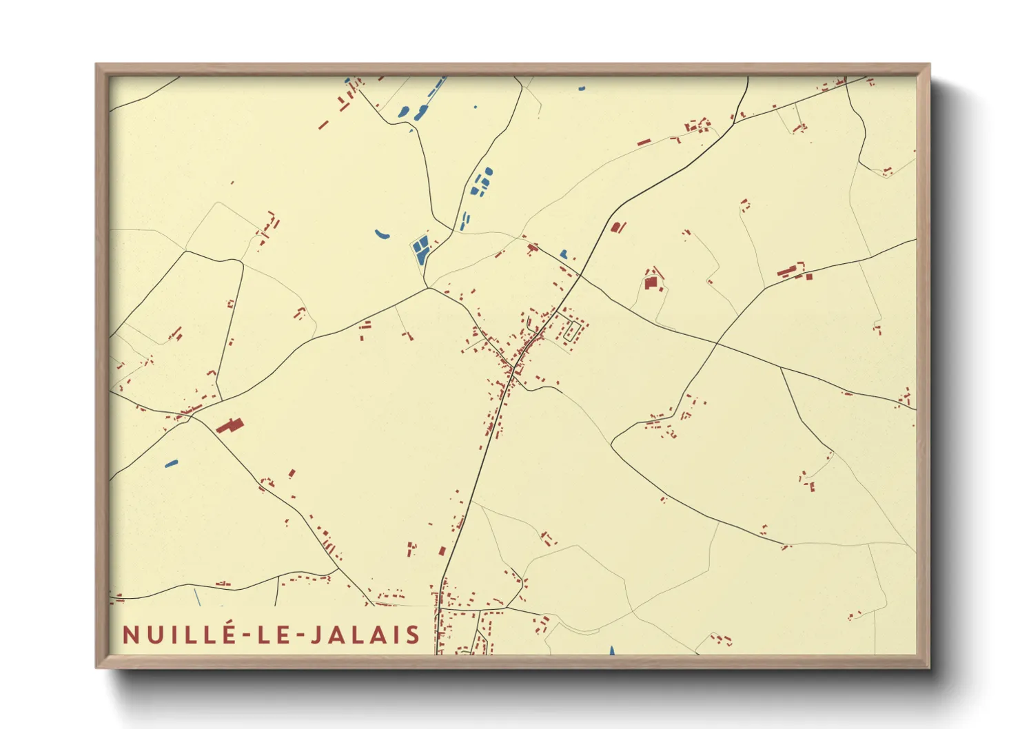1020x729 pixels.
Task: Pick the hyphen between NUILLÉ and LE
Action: [248, 635]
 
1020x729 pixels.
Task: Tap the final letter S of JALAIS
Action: [413, 635]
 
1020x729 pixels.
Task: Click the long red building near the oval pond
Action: [230, 425]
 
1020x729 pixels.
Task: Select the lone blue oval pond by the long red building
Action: [172, 464]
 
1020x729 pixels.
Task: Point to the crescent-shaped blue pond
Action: [382, 235]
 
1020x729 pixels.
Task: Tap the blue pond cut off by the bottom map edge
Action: [611, 650]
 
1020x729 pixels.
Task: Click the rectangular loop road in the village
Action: [571, 331]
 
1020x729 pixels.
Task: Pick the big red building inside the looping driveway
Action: [651, 282]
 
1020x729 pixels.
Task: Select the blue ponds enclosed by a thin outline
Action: [420, 249]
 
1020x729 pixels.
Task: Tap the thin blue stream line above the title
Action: [196, 597]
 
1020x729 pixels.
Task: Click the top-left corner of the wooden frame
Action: [96, 65]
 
